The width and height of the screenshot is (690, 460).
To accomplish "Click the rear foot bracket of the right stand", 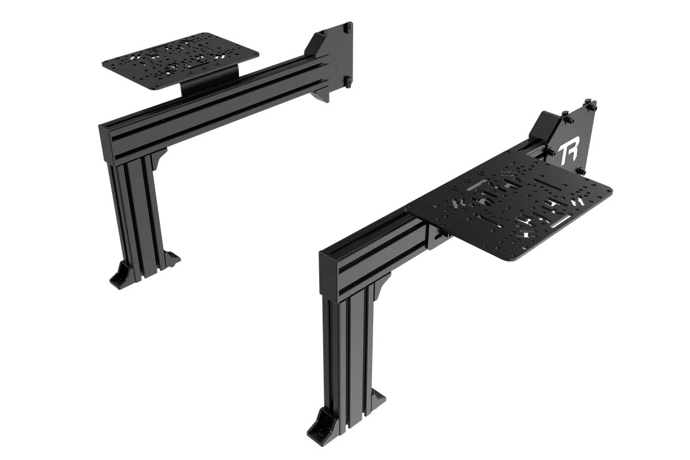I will tap(380, 396).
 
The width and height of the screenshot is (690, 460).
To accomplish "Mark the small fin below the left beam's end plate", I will tap(322, 99).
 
